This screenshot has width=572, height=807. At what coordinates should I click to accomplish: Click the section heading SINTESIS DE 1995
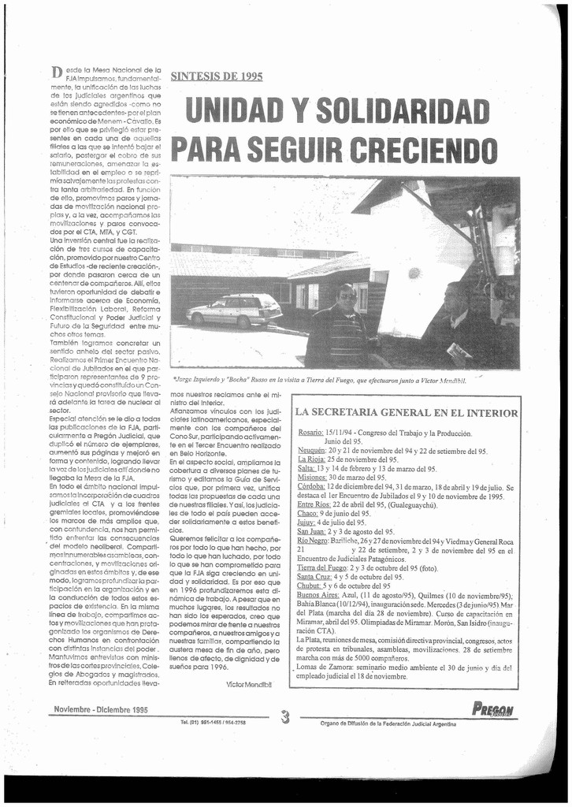(217, 76)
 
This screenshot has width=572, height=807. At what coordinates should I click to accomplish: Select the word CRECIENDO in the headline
(422, 149)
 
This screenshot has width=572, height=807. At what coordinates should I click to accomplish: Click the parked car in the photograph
(234, 311)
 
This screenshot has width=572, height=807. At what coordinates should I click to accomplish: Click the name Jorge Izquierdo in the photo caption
(204, 379)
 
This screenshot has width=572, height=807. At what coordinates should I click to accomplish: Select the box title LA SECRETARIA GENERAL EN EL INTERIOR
(406, 412)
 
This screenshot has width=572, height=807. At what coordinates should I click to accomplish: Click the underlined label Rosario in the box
(311, 433)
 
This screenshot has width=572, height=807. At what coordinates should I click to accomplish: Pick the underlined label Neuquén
(313, 451)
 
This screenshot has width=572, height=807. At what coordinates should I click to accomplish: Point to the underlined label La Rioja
(311, 459)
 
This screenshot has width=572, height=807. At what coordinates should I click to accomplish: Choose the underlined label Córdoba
(313, 487)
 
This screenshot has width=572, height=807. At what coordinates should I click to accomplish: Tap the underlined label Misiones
(313, 478)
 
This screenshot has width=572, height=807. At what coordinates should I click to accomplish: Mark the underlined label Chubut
(310, 586)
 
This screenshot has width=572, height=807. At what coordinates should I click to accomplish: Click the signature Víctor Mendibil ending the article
(247, 683)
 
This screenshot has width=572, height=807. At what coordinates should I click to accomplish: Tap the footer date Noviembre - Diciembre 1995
(101, 709)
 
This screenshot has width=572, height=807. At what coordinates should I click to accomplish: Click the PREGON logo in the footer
(492, 709)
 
